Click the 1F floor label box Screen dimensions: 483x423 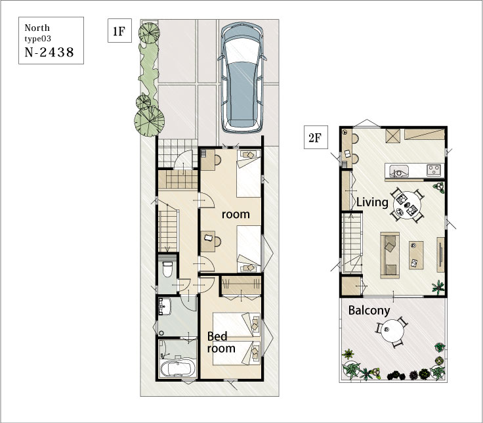coord(119,30)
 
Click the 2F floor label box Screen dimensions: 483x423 coord(316,137)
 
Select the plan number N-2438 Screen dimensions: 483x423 coord(49,53)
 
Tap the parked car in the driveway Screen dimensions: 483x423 coord(242,77)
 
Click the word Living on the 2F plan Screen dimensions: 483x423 coord(372,202)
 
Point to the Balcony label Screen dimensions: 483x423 coord(369,311)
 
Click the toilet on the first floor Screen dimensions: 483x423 coord(167,269)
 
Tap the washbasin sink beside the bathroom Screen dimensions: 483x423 coord(165,306)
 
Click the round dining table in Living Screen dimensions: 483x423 coord(407,205)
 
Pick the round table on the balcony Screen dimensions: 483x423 coord(392,330)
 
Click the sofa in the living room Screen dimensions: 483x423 coord(390,256)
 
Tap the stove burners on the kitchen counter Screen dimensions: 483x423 coord(434,170)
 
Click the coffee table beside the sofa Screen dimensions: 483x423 coord(416,255)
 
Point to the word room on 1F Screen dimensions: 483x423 coord(236,214)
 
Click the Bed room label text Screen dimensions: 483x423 coord(221,342)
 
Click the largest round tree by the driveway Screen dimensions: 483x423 coord(150,121)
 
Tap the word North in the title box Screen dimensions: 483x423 coord(37,28)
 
